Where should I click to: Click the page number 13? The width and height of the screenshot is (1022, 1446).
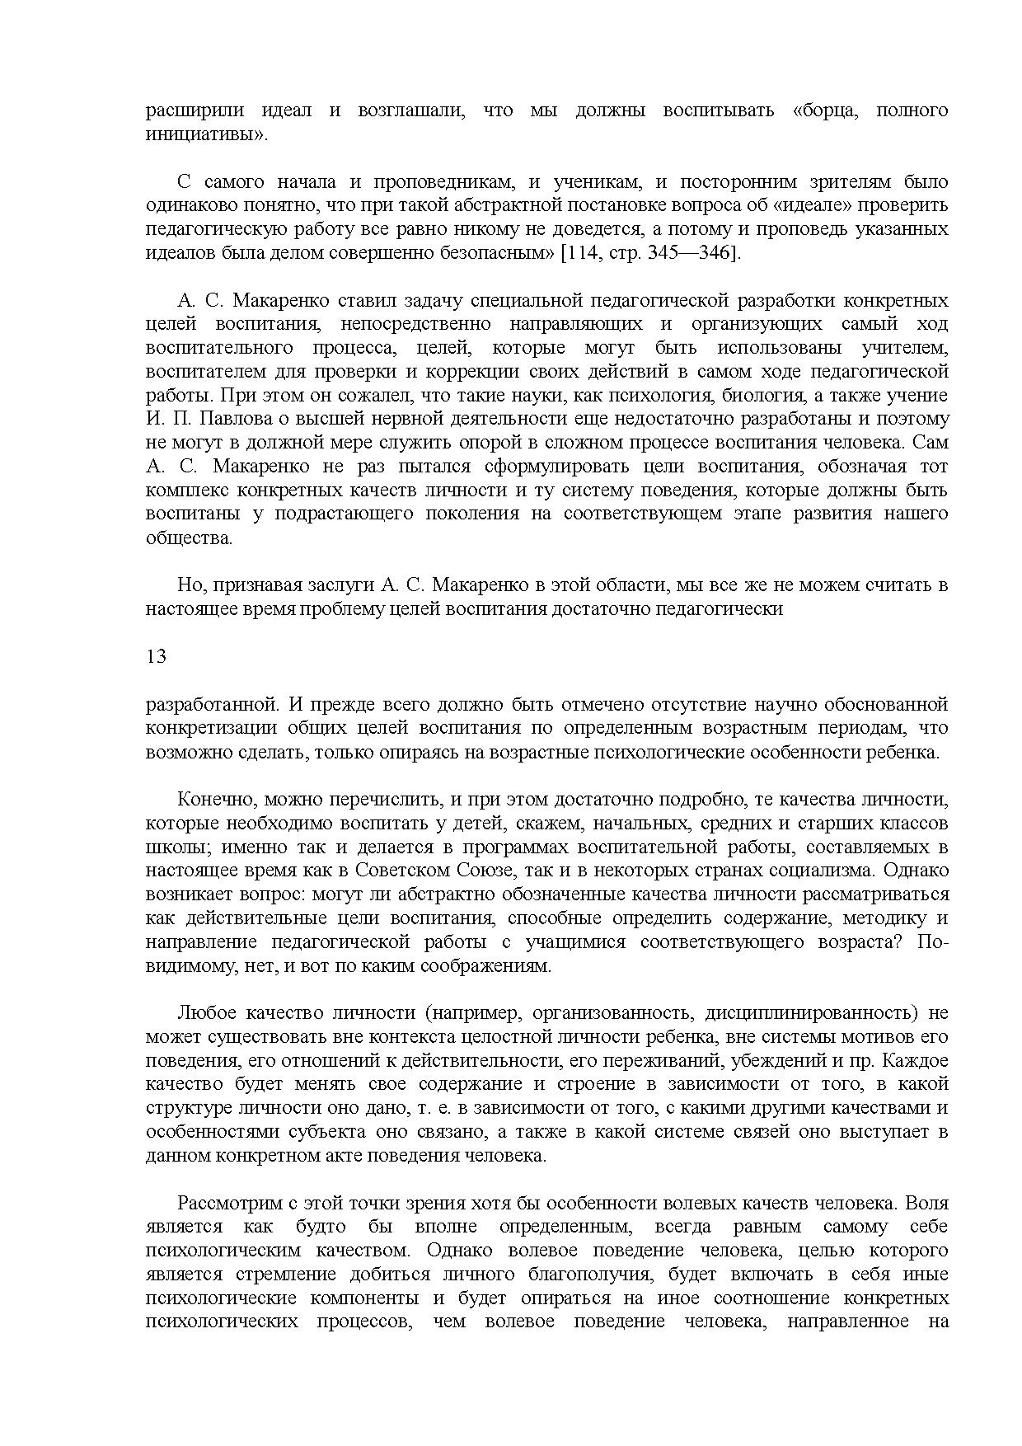tap(156, 657)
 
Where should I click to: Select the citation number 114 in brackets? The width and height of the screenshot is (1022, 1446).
tap(580, 252)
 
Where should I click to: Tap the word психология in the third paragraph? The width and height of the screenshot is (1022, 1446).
tap(641, 395)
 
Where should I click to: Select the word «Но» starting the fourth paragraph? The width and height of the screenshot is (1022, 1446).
tap(190, 585)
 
